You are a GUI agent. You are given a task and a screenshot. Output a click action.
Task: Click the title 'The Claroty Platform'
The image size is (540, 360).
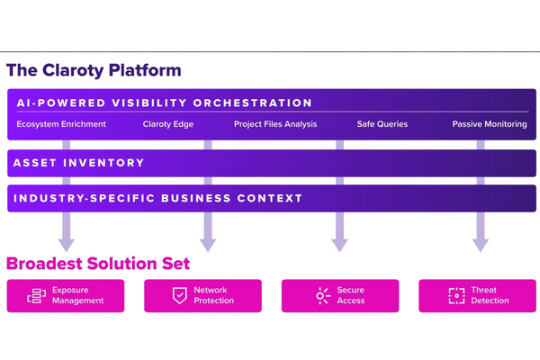94,70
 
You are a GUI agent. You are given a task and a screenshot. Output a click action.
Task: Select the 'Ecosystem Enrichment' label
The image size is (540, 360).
61,124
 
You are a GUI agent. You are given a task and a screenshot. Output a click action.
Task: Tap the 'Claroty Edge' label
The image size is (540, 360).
168,124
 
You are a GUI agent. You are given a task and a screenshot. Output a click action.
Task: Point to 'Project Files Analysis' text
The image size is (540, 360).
275,124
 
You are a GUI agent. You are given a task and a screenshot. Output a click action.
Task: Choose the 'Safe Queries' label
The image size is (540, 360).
382,124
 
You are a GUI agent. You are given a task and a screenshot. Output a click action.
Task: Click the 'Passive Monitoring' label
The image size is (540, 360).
490,124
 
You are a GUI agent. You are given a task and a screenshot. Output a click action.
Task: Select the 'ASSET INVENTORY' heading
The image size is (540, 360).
78,163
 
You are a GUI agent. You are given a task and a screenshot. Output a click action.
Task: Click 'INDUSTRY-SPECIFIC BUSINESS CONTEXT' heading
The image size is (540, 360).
157,198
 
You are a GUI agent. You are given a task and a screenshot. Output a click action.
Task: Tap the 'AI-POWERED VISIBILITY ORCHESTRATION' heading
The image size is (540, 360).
165,103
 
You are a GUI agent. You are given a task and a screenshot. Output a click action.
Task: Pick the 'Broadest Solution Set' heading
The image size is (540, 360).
98,264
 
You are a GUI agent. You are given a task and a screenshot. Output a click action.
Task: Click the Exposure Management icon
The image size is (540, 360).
37,295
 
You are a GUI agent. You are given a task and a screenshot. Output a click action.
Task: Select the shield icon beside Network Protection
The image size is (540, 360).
179,295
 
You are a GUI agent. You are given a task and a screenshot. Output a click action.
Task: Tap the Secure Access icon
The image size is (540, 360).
323,295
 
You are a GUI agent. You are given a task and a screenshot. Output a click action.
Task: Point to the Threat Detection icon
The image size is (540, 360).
456,295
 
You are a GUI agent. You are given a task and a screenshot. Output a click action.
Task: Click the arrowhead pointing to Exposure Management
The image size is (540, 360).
67,245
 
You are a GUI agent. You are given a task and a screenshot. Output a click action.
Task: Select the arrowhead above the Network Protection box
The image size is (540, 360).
208,245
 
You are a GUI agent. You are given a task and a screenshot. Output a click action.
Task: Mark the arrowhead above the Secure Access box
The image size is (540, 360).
339,245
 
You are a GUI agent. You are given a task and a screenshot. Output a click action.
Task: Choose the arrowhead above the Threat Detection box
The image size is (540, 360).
481,245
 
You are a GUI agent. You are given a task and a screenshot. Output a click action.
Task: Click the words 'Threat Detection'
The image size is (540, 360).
490,295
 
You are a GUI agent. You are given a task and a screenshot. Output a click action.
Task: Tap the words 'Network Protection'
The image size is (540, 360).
213,295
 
